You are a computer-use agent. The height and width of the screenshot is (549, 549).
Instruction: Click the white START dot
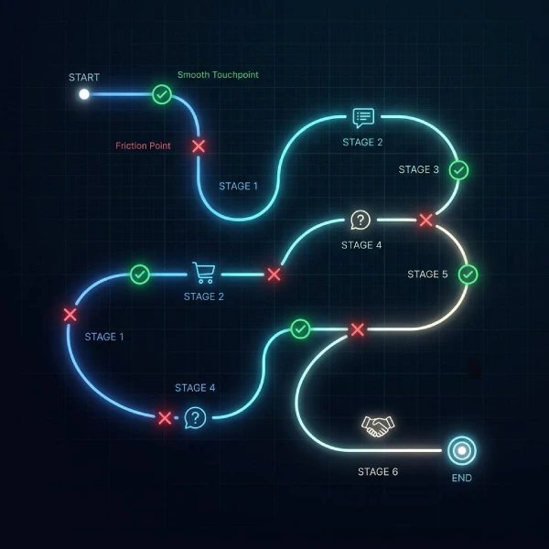point(84,94)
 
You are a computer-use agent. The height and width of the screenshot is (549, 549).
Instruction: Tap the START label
point(84,78)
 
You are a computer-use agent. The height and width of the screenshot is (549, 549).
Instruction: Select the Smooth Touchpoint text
point(218,75)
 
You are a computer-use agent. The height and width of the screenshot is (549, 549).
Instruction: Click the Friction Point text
point(143,145)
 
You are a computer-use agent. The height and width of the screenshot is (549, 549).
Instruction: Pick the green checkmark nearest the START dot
point(162,94)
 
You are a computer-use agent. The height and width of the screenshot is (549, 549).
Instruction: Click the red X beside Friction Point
point(199,146)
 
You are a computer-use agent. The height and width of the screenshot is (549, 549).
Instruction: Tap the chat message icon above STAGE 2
point(363,118)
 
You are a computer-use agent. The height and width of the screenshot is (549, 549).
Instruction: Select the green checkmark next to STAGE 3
point(458,170)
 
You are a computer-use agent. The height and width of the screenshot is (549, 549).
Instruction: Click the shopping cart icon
point(203,273)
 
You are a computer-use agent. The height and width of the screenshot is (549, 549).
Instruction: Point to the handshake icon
point(378,426)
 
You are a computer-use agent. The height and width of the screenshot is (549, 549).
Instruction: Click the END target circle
point(462,450)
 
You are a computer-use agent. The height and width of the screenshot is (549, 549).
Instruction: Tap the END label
point(462,478)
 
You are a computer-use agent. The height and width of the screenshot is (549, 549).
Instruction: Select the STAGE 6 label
point(378,471)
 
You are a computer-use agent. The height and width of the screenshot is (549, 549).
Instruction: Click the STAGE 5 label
point(427,274)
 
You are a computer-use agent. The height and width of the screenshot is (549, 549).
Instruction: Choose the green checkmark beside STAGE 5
point(468,274)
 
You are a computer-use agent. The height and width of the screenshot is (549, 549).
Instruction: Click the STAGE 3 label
point(418,169)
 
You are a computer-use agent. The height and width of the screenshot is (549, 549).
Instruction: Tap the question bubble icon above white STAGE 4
point(361,220)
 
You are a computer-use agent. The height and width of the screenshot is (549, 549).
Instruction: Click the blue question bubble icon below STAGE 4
point(196,418)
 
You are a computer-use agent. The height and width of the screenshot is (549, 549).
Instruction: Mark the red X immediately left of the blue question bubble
point(165,418)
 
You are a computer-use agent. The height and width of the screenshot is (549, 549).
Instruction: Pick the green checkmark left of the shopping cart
point(140,274)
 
